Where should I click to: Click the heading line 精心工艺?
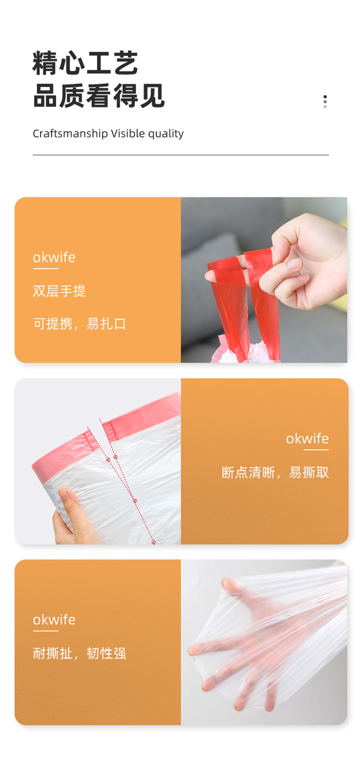pos(85,63)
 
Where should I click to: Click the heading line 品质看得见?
pos(99,95)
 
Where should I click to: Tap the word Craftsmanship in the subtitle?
pos(70,133)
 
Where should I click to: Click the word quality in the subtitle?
pos(166,134)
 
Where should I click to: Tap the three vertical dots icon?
pos(324,102)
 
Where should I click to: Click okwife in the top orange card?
pos(54,257)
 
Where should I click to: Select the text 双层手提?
pos(60,291)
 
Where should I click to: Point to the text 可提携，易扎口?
pos(80,324)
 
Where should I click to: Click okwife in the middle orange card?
pos(307,438)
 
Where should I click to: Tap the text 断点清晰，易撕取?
pos(275,472)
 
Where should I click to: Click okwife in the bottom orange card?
pos(54,620)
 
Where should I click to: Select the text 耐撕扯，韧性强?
pos(80,653)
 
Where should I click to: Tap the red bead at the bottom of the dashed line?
pos(154,542)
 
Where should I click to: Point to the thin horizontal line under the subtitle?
pos(181,155)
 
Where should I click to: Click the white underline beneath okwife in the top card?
pos(45,269)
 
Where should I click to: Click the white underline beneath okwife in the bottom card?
pos(45,631)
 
